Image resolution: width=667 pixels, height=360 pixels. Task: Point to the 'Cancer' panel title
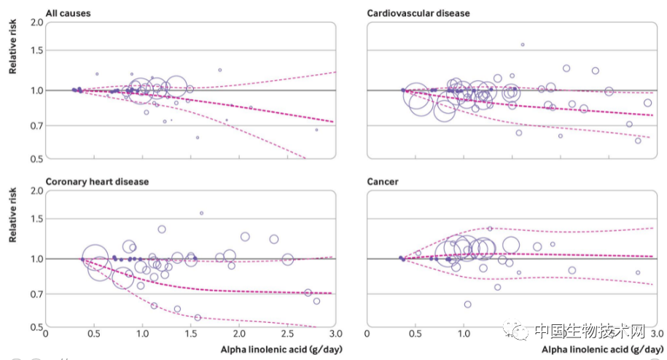click(x=382, y=181)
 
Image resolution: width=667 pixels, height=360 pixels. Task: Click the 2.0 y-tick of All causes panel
click(x=36, y=23)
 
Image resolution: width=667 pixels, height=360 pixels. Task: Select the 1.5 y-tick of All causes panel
click(x=36, y=51)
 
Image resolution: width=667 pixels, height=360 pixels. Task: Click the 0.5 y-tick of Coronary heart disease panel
click(x=36, y=327)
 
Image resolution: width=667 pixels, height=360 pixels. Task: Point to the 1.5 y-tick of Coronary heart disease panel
click(x=36, y=219)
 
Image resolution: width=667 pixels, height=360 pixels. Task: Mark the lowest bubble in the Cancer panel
click(x=467, y=304)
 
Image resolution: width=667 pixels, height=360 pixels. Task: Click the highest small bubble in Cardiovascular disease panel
click(x=522, y=44)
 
